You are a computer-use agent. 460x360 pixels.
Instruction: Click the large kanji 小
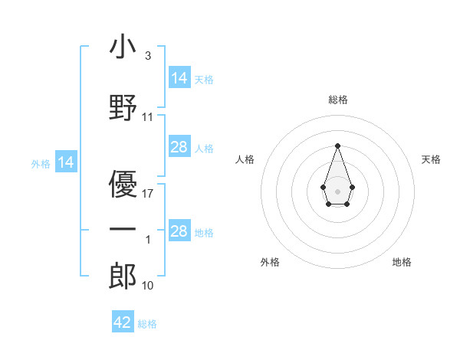pos(123,46)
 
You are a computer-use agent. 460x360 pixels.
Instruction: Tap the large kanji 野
pos(123,107)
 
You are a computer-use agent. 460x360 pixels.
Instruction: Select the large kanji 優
pos(123,184)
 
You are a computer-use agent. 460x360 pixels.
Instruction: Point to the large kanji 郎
pos(123,276)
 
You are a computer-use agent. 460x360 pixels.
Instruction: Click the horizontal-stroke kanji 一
pos(123,229)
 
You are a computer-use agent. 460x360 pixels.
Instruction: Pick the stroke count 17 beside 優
pos(147,194)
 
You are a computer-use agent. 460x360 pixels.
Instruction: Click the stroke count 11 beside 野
pos(147,117)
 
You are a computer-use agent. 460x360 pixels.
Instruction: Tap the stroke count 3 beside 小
pos(148,56)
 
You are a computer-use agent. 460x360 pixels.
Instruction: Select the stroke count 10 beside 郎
pos(147,286)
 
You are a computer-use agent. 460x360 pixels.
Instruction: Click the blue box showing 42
pos(123,321)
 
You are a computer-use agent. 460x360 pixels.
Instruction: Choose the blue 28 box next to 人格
pos(179,146)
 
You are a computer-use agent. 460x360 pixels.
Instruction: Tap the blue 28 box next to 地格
pos(179,230)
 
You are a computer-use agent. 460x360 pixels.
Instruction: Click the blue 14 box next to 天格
pos(179,77)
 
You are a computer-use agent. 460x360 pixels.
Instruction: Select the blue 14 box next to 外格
pos(66,162)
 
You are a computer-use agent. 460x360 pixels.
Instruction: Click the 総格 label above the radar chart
pos(338,100)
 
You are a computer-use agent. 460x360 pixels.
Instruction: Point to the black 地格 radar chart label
pos(402,262)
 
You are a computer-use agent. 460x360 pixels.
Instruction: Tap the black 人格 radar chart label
pos(245,159)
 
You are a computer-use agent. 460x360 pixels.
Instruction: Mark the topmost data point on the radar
pos(337,146)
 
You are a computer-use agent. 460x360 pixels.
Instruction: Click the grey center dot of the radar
pos(337,191)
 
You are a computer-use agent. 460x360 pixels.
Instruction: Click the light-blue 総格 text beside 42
pos(147,324)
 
